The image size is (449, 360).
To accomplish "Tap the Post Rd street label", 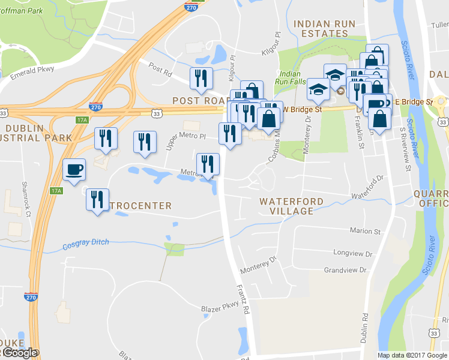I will (160, 69).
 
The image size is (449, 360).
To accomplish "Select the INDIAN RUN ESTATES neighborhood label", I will (325, 29).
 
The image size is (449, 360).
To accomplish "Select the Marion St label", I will (366, 231).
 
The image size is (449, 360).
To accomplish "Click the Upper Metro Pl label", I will (185, 142).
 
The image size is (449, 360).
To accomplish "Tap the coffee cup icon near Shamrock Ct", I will (74, 169).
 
